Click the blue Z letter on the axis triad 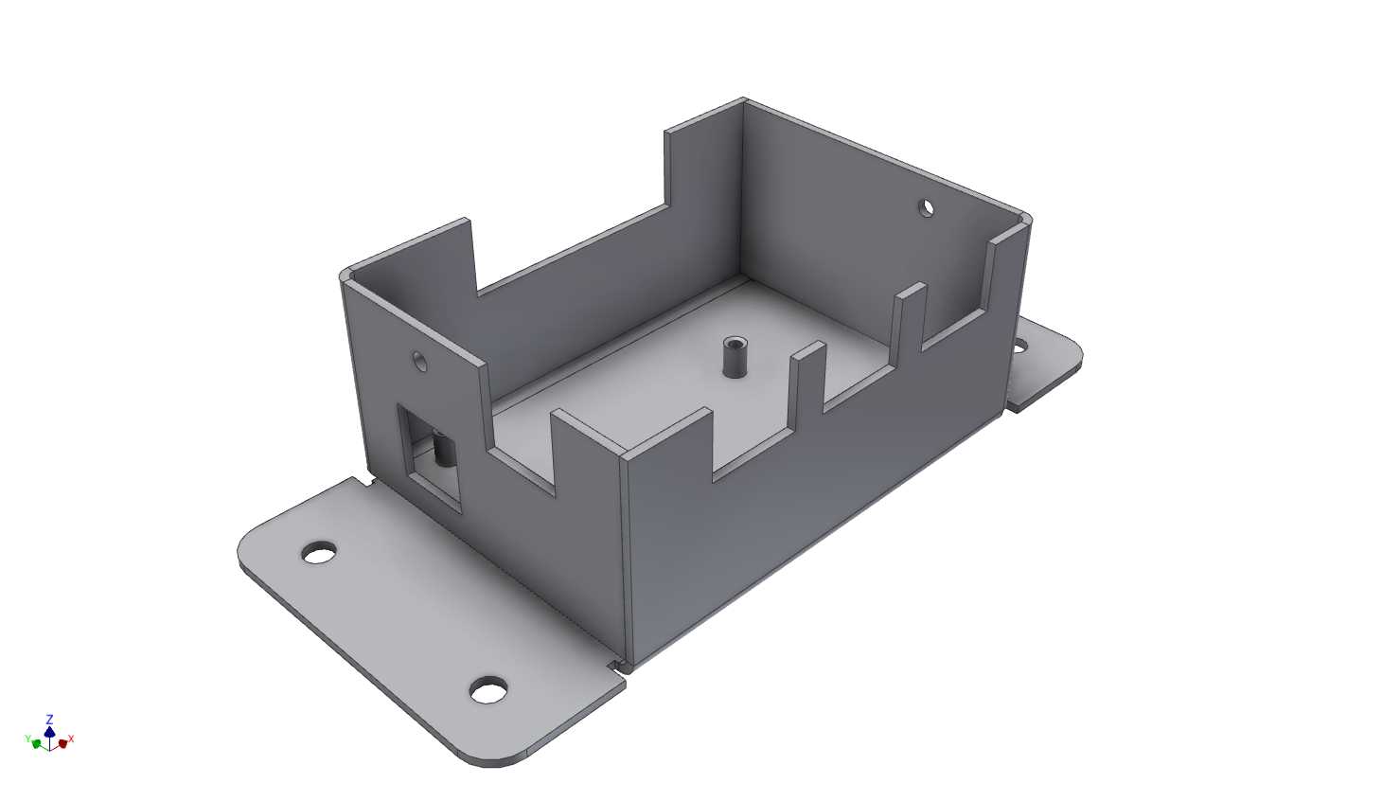point(50,719)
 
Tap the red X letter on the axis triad point(71,739)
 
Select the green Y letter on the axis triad point(27,739)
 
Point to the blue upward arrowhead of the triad point(49,731)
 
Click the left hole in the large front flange point(319,553)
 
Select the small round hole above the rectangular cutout point(419,361)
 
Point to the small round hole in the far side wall point(926,207)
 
